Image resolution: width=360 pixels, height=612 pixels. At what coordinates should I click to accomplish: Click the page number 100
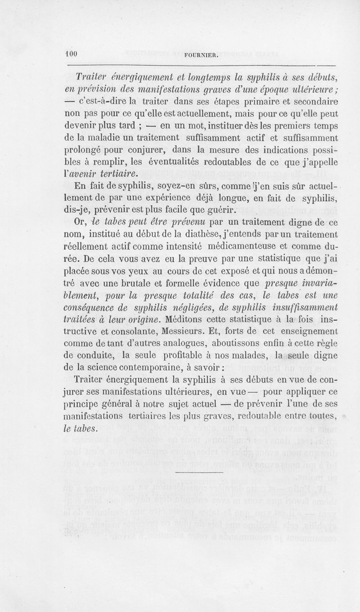pos(71,53)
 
